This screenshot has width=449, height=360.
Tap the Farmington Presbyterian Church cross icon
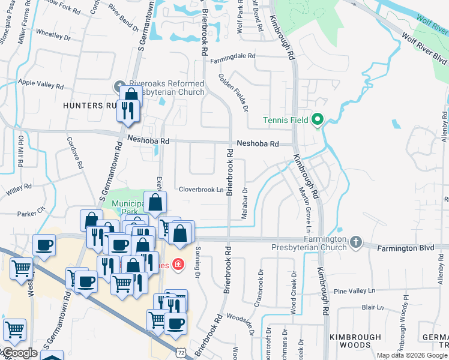coord(356,242)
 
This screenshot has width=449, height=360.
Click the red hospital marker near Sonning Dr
coord(178,264)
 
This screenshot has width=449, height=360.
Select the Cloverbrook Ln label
coord(201,190)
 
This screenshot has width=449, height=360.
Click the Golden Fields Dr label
coord(234,92)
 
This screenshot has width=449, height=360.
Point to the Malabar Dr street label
coord(245,203)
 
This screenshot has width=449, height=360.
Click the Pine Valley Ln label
coord(354,291)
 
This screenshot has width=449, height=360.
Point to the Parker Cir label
coord(31,212)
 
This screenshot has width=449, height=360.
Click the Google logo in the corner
coord(19,353)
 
